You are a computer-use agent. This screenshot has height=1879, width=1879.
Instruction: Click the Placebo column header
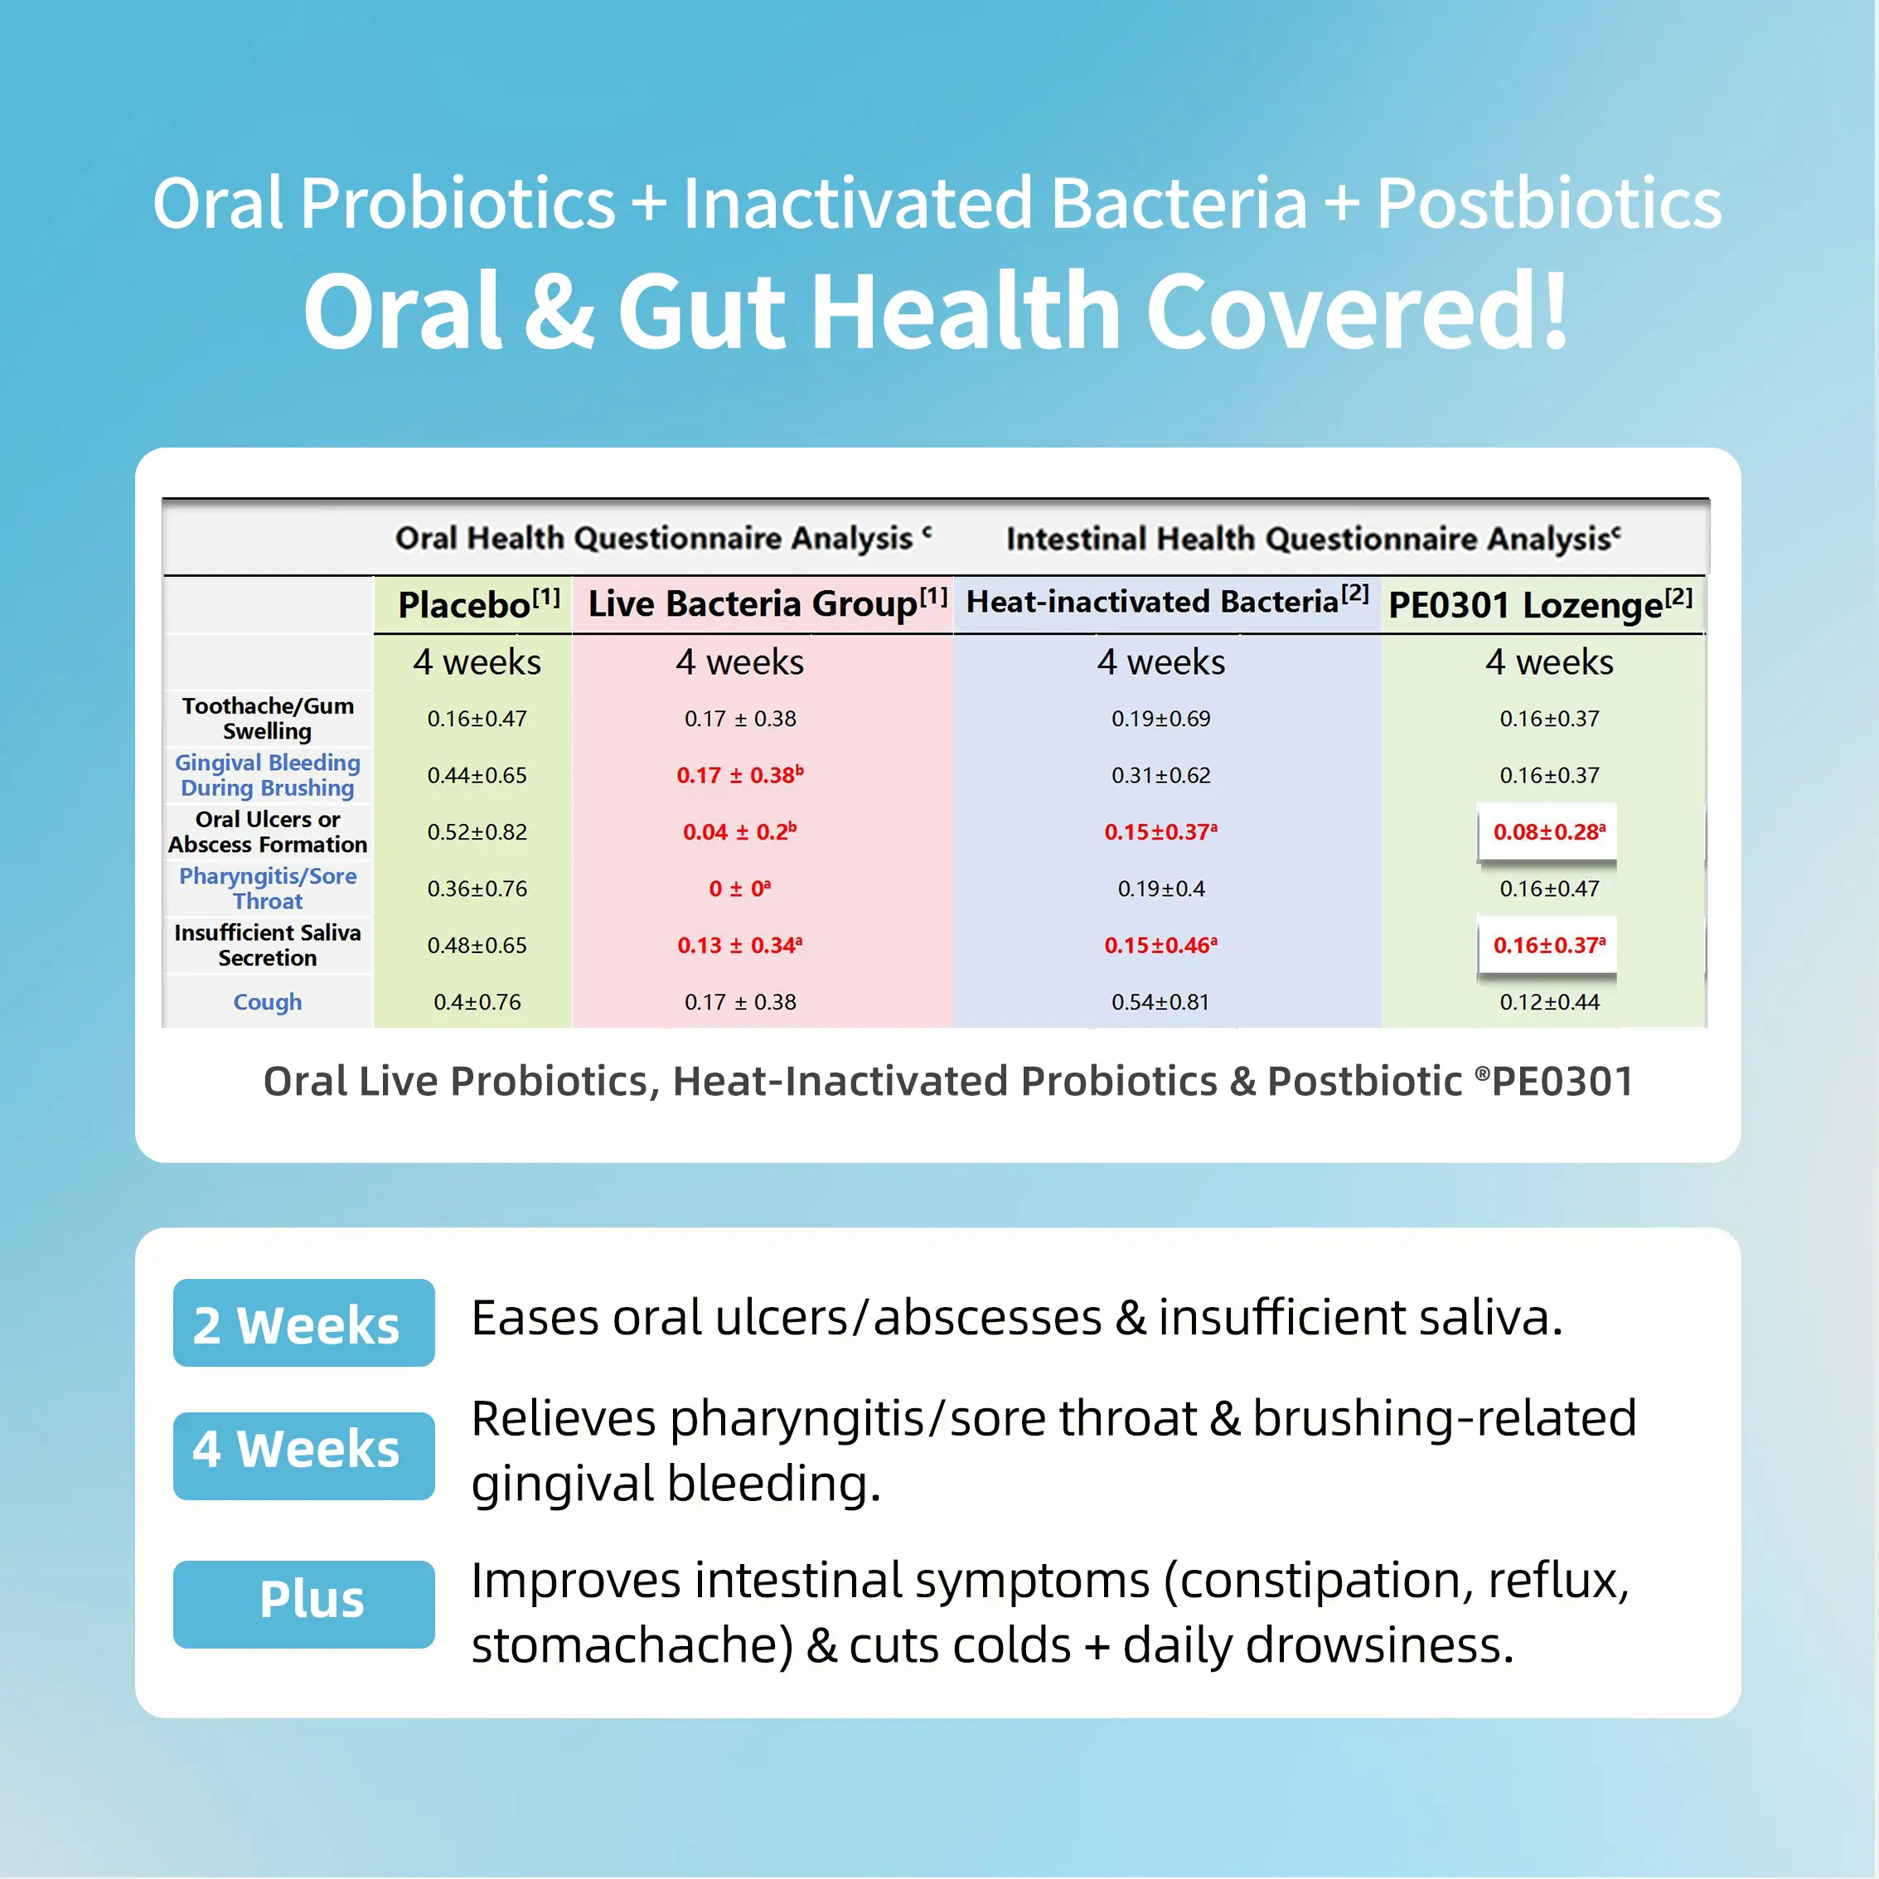(x=478, y=604)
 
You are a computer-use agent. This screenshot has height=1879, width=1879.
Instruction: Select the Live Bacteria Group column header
(x=768, y=603)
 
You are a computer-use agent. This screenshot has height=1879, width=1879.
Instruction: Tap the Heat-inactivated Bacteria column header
(x=1167, y=601)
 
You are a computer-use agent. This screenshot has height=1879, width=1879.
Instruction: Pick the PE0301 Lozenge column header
(x=1541, y=604)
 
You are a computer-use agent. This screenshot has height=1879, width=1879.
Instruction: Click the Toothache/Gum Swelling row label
(x=268, y=718)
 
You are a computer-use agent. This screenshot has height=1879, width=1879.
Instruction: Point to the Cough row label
(x=268, y=1002)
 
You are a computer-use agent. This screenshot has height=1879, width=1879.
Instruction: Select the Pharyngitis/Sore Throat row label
(x=268, y=888)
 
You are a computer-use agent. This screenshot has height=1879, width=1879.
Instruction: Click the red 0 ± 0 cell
(x=740, y=888)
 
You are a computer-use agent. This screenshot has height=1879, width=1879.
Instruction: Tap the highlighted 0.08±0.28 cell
(x=1549, y=831)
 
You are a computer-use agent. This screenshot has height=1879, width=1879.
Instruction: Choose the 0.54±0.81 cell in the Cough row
(x=1160, y=1002)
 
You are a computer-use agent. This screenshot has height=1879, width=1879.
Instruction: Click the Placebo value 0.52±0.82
(x=477, y=831)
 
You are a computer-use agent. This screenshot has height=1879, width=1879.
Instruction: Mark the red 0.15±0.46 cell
(x=1160, y=944)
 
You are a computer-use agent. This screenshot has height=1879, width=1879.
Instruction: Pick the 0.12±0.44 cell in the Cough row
(x=1549, y=1002)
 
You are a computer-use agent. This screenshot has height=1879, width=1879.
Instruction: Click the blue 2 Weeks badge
(x=303, y=1323)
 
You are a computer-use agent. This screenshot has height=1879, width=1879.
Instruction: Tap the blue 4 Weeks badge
(x=303, y=1456)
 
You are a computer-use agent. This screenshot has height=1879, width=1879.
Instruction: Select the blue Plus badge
(x=303, y=1604)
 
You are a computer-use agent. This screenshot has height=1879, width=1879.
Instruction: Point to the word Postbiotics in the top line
(x=1549, y=204)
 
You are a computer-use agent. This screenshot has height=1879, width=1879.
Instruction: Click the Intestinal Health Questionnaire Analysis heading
(x=1313, y=538)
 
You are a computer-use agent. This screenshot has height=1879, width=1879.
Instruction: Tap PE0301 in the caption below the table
(x=1562, y=1082)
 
